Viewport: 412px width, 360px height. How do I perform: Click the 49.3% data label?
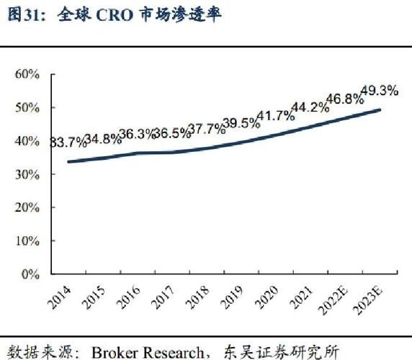pyautogui.click(x=379, y=90)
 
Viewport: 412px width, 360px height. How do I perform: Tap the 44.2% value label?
pyautogui.click(x=309, y=108)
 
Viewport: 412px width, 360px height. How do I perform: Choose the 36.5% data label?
pyautogui.click(x=171, y=132)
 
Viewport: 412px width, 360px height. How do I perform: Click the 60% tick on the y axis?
pyautogui.click(x=27, y=74)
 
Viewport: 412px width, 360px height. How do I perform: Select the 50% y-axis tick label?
pyautogui.click(x=27, y=108)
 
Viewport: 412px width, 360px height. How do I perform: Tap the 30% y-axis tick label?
pyautogui.click(x=27, y=174)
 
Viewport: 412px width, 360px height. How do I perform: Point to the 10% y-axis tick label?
pyautogui.click(x=27, y=240)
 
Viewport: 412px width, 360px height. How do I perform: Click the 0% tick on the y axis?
pyautogui.click(x=30, y=274)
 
